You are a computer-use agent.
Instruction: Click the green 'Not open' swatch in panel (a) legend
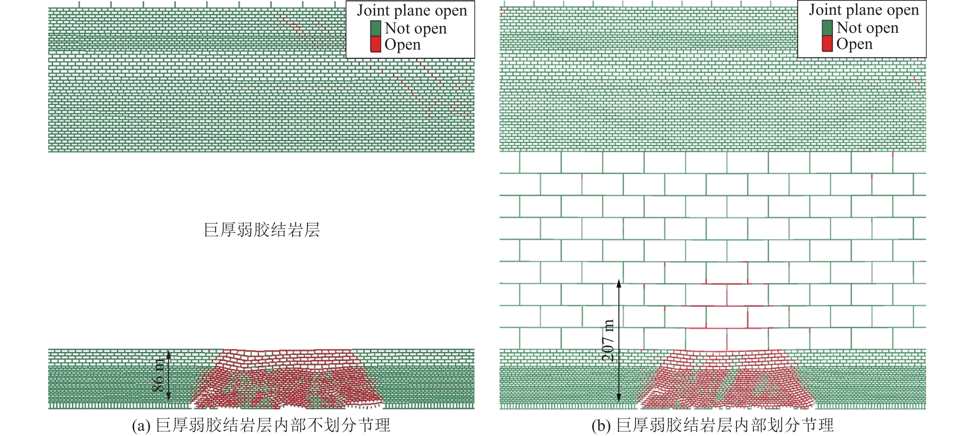click(x=375, y=29)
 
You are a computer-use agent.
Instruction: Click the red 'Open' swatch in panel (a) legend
click(x=375, y=44)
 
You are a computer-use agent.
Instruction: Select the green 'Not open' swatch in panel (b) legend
click(x=827, y=28)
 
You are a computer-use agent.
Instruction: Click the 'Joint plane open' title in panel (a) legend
click(x=412, y=11)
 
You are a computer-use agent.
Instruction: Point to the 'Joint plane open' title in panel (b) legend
click(x=864, y=10)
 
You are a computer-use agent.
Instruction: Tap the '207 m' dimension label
click(x=608, y=340)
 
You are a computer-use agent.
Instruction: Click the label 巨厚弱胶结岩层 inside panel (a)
click(x=262, y=230)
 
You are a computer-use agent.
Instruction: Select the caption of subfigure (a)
click(x=261, y=425)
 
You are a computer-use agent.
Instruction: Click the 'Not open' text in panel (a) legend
click(x=416, y=29)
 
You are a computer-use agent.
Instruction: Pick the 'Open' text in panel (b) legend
click(x=854, y=44)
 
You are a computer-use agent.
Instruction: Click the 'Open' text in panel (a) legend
click(x=402, y=45)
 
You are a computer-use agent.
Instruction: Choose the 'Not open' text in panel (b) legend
click(x=867, y=28)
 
